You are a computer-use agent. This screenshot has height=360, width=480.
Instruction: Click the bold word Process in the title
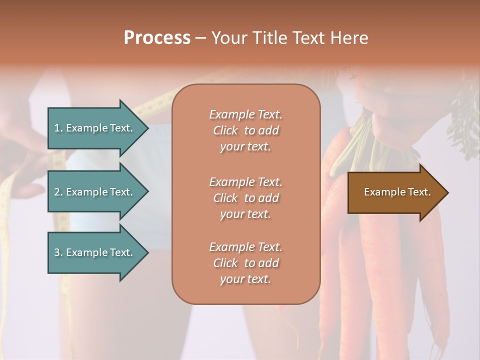(x=157, y=38)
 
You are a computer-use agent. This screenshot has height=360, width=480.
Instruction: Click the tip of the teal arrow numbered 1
(x=146, y=128)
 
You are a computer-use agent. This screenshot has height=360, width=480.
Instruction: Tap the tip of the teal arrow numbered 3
(x=146, y=252)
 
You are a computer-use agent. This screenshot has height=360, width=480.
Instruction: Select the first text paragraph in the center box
(x=245, y=130)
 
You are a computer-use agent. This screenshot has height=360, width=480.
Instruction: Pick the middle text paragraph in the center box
(x=245, y=198)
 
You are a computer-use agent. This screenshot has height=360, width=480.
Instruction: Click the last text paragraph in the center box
(x=245, y=263)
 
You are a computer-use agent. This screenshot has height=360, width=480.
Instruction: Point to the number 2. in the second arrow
(x=58, y=192)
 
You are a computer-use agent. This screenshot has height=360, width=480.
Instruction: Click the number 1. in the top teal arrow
(x=58, y=128)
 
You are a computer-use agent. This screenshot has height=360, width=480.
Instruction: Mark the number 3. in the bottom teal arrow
(x=58, y=252)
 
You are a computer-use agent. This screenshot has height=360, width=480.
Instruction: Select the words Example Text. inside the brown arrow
(x=397, y=192)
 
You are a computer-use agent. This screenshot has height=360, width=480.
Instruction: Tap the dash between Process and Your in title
(x=200, y=38)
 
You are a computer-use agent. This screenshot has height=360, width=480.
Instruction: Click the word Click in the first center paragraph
(x=225, y=130)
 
